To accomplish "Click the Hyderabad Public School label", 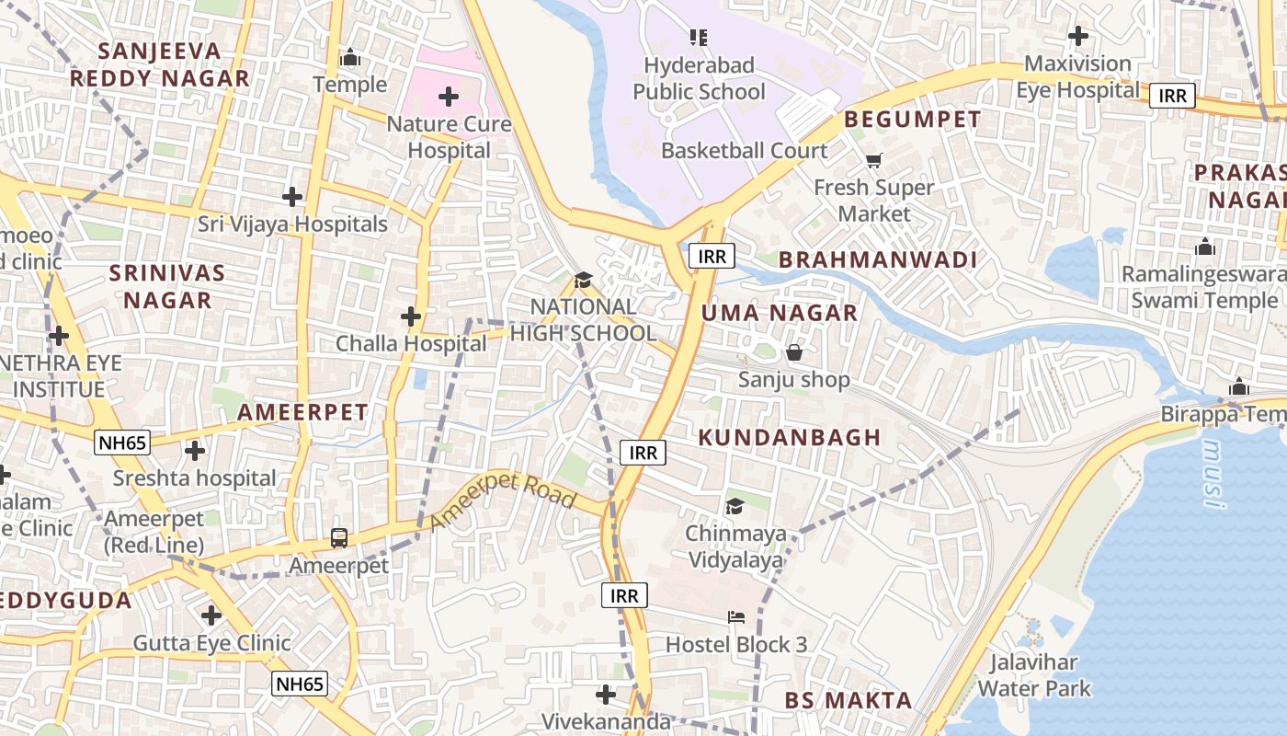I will coord(699,78).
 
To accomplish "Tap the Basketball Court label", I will coord(744,150).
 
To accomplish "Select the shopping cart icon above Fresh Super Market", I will coord(873,160).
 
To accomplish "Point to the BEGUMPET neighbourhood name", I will coord(912,119).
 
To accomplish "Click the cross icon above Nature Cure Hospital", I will coord(449,96).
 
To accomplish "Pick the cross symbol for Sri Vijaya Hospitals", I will coord(292,196).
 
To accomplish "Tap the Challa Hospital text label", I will coord(411,343).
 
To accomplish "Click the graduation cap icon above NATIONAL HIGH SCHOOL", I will coord(583,280).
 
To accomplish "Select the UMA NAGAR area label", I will coord(780,313).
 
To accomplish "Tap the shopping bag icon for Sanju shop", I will coord(794,352).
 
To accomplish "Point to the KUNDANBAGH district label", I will coord(790,437).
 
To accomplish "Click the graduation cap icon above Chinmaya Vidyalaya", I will coord(735,506).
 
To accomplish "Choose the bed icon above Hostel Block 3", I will coord(736,617).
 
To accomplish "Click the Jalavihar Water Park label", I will coord(1033,674).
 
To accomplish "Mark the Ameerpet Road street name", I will coord(503,503).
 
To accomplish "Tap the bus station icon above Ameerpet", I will coord(339,537).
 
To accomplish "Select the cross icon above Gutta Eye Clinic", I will coord(211,615).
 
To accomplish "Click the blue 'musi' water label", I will coord(1214,474).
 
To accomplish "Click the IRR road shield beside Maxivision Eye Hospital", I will coord(1172,96).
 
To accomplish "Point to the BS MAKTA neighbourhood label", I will coord(848,700).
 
